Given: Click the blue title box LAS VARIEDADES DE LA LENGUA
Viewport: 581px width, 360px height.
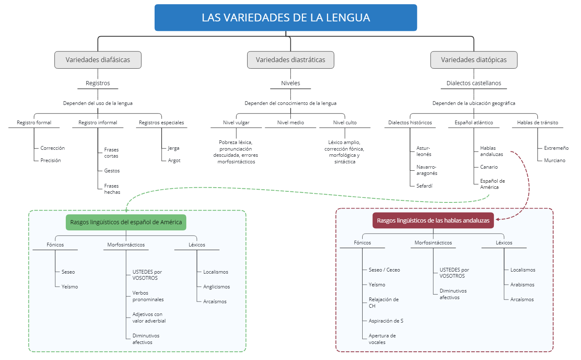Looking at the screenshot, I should (286, 18).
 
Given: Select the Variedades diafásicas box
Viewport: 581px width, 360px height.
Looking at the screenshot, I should (98, 60).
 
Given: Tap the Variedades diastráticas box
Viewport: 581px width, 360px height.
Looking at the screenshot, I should (290, 60).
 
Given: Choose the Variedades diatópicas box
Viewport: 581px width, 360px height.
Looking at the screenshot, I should (474, 60).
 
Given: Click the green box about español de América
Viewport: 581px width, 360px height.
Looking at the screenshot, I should (126, 222).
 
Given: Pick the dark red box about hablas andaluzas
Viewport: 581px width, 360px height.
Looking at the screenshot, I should (433, 221).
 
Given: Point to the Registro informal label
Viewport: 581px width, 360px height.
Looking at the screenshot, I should (98, 123).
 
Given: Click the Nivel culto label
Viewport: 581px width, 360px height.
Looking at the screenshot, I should (345, 123).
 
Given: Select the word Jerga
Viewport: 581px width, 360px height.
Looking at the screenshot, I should (174, 148).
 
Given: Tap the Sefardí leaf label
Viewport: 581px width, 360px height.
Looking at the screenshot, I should (424, 186).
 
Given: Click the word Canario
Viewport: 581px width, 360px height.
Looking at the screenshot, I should (489, 167).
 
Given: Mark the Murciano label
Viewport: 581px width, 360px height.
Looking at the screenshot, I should (555, 160).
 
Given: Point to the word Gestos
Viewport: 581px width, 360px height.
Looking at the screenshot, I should (112, 171).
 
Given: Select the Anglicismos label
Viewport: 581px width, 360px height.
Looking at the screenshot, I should (216, 287).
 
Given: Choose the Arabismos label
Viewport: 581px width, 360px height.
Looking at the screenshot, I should (522, 285).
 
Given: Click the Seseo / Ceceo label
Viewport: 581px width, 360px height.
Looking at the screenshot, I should (384, 270).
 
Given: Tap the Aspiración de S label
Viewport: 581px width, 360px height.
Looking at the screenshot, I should (386, 321).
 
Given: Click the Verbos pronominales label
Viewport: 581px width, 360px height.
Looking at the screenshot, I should (148, 296).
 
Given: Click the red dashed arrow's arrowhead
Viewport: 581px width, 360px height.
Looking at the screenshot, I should (498, 219).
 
